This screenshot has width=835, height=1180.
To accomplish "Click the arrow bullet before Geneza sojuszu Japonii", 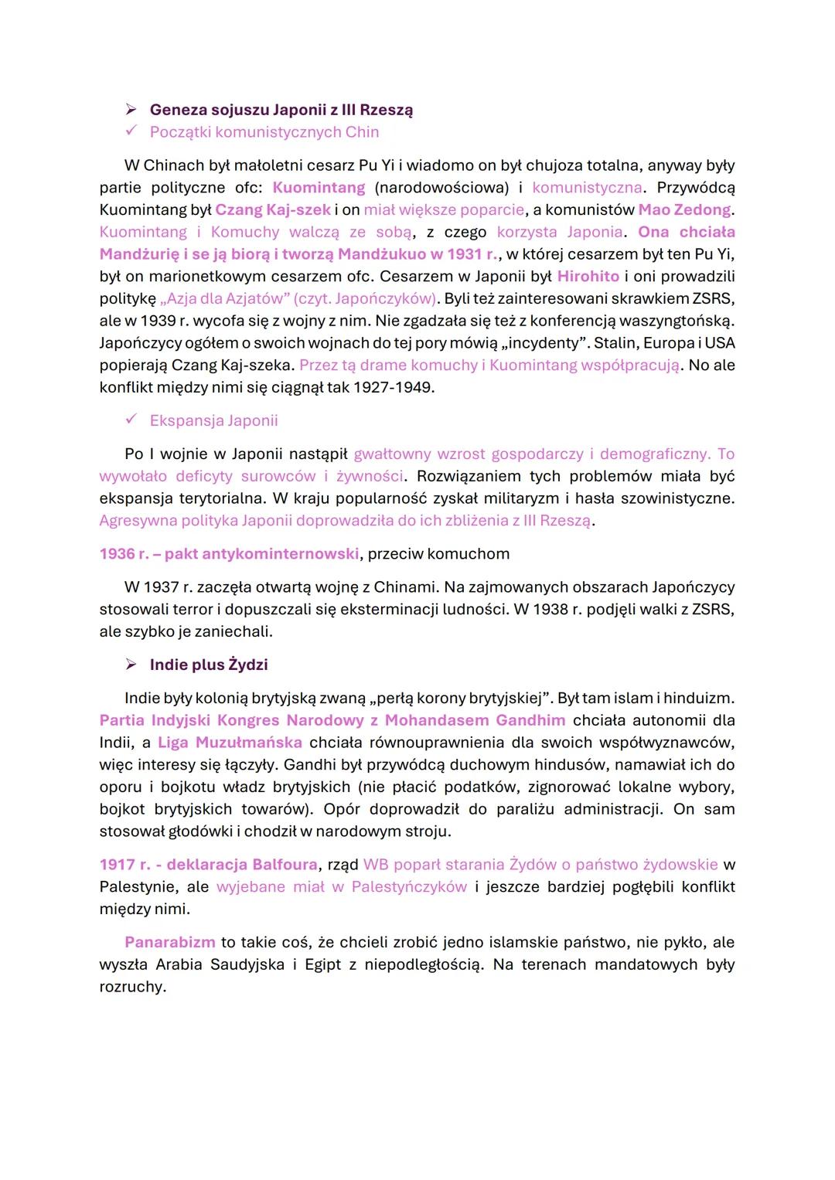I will click(x=131, y=110).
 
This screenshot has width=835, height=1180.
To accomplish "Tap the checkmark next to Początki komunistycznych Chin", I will click(x=131, y=131).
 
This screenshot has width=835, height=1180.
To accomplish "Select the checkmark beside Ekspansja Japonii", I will click(x=131, y=420).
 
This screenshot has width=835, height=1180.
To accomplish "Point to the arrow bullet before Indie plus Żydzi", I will click(x=131, y=665).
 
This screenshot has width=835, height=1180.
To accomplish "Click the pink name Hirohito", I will click(x=588, y=276).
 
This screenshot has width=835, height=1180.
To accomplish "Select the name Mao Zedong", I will click(x=684, y=209).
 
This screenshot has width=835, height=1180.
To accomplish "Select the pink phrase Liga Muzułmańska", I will click(x=230, y=742).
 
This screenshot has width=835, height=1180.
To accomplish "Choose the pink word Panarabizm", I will click(x=170, y=942).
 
